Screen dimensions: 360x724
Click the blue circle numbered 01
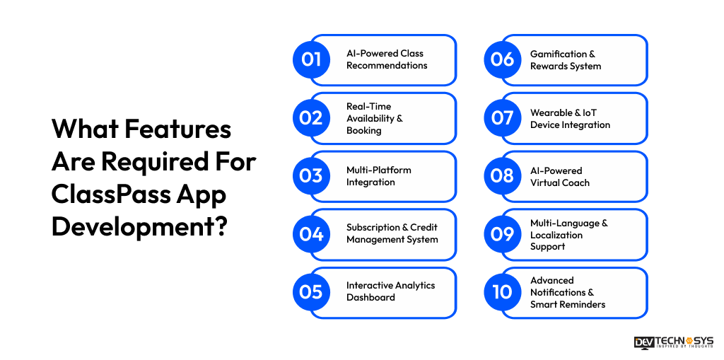(x=311, y=60)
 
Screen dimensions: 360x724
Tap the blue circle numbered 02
(x=311, y=118)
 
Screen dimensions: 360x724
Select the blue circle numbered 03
(x=311, y=176)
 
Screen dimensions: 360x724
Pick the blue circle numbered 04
(x=311, y=234)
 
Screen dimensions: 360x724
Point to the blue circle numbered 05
(x=311, y=292)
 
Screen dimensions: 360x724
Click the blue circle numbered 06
(x=502, y=60)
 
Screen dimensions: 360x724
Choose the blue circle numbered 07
(x=502, y=118)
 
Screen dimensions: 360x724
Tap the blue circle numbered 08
(x=502, y=176)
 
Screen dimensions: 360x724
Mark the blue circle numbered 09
(x=502, y=234)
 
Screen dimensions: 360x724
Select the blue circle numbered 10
(x=502, y=292)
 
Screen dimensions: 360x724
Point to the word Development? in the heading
(x=139, y=228)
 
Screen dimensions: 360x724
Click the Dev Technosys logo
(x=673, y=342)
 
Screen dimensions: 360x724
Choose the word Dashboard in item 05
(x=370, y=298)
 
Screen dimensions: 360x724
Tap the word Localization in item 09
(x=556, y=235)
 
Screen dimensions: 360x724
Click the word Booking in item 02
(x=363, y=130)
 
